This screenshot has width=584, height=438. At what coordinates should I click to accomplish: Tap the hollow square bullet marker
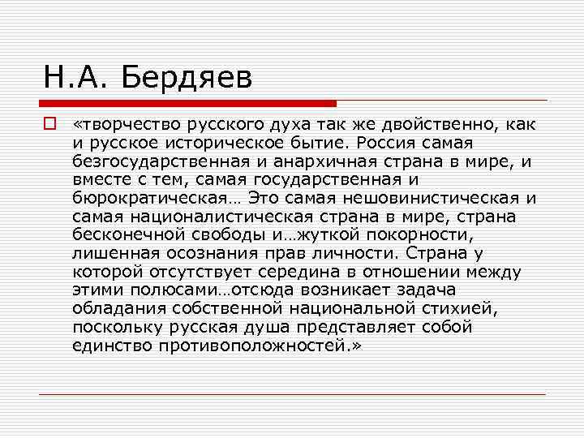tap(49, 125)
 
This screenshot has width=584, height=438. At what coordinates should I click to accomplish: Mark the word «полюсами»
tap(170, 290)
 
